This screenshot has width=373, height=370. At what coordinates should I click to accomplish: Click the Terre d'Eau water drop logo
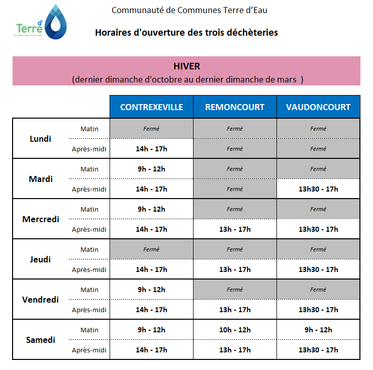coord(56,22)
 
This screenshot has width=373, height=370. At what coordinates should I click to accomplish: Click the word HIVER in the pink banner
coord(187,66)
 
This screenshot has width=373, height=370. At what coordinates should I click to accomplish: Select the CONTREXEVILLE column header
coord(151,107)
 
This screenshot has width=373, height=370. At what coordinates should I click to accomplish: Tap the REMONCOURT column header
coord(235,107)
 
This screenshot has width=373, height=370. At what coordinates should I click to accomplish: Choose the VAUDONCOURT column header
coord(318,107)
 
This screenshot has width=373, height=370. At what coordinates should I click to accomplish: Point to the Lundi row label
coord(40,139)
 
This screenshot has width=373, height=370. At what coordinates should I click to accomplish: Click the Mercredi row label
coord(41,219)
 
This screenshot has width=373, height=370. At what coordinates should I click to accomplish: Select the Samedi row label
coord(40,340)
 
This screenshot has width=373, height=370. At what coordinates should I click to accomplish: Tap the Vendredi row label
coord(40,300)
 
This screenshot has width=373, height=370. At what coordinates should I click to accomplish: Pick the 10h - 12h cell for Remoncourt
coord(235,330)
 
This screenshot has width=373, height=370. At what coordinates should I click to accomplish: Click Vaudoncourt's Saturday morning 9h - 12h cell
coord(318,330)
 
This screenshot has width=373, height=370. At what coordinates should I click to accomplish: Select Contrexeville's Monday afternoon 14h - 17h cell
coord(151,149)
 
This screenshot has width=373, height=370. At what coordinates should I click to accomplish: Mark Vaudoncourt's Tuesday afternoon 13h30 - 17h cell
coord(318,189)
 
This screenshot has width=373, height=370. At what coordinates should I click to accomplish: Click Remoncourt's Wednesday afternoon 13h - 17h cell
coord(235,229)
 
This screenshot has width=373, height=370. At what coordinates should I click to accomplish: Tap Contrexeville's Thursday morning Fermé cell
coord(151,249)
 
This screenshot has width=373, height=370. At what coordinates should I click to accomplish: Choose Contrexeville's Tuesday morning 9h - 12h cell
coord(151,169)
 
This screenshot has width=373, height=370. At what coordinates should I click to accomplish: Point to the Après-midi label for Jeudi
coord(89,269)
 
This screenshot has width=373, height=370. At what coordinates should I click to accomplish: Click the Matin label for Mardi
coord(89,169)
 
